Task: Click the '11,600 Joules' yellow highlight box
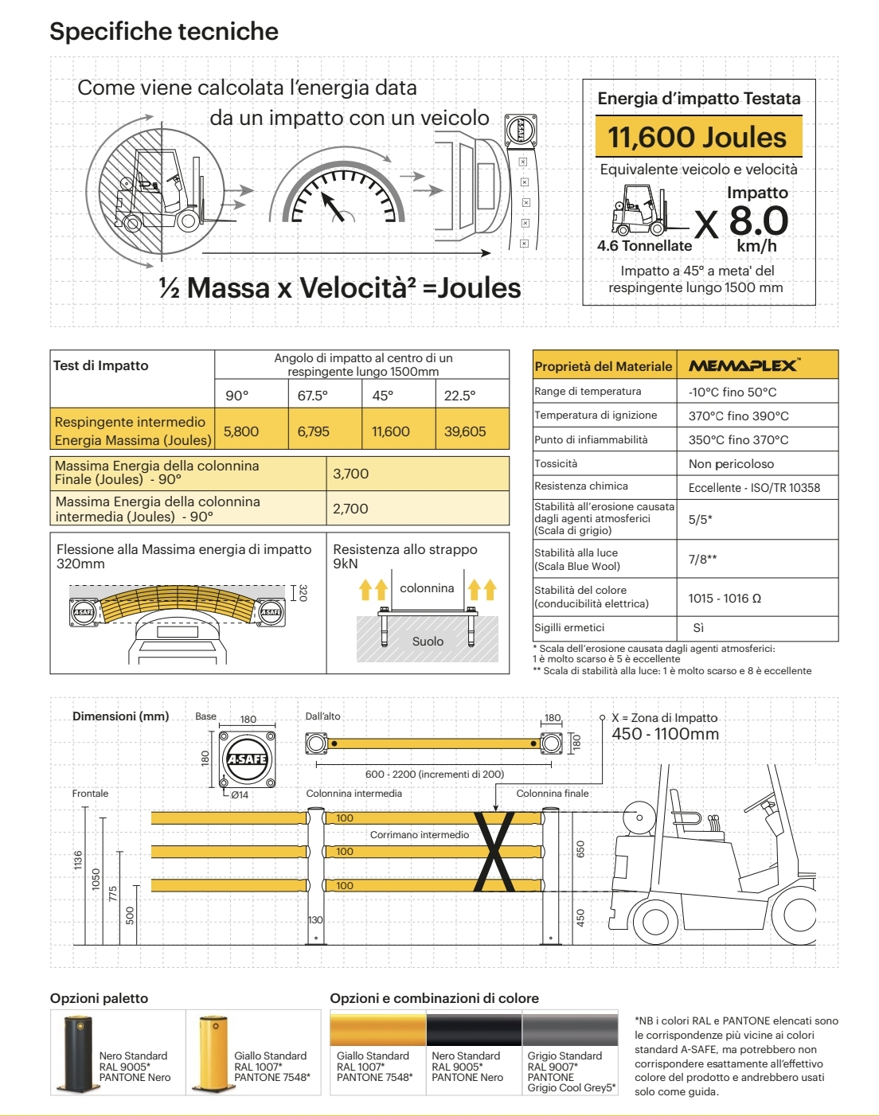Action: point(698,137)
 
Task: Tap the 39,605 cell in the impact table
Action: point(465,431)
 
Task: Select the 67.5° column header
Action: point(313,396)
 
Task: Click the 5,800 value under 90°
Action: point(241,431)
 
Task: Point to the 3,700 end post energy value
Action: point(351,474)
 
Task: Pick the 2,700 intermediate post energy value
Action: point(351,509)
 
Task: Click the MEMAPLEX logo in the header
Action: point(744,365)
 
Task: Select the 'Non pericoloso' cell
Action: point(731,464)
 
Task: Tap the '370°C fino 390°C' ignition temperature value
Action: point(738,416)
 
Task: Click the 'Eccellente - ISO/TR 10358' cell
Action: point(754,488)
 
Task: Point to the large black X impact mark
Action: point(494,852)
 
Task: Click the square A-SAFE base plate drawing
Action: point(247,759)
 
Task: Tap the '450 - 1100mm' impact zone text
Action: point(665,734)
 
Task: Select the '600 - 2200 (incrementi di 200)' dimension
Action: point(434,774)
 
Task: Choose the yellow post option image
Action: point(213,1054)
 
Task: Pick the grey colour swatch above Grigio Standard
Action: point(570,1029)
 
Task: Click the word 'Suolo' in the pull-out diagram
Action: point(428,642)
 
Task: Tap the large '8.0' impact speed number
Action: point(758,220)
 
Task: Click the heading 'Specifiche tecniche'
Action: point(164,31)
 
